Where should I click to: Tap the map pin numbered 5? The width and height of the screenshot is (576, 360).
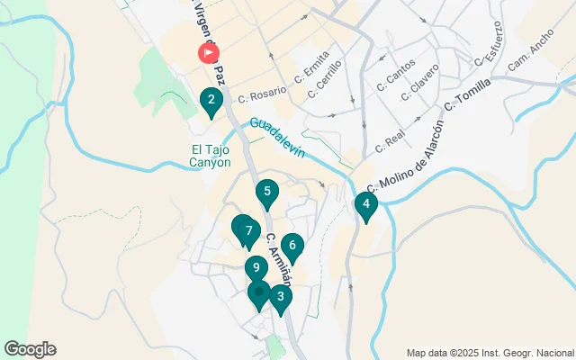click(266, 192)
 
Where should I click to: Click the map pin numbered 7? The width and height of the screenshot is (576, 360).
click(248, 231)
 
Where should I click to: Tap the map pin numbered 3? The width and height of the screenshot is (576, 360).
click(281, 298)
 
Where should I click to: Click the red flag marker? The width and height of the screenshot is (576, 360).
click(209, 53)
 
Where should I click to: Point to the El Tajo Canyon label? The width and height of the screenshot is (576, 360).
click(211, 156)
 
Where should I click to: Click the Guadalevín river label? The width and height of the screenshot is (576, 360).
click(279, 138)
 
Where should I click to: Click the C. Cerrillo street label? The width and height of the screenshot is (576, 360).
click(325, 79)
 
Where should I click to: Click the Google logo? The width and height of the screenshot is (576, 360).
click(30, 349)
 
